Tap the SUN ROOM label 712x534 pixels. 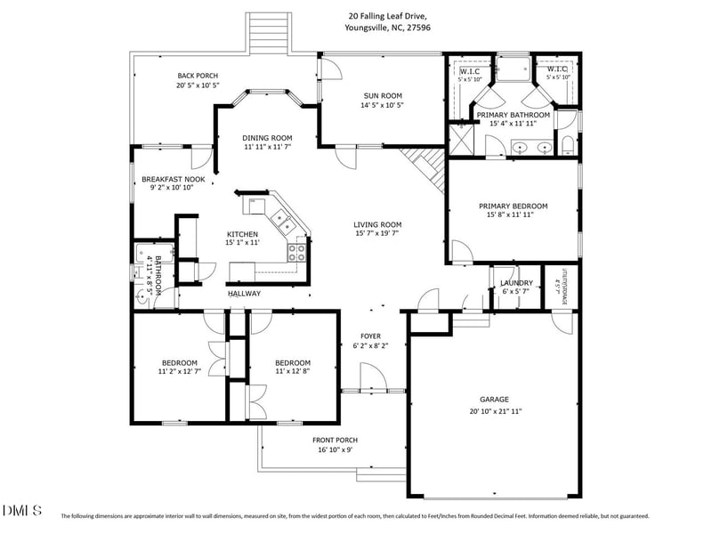[383, 95]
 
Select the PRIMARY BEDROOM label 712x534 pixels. [513, 206]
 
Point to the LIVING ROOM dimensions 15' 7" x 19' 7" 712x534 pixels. [378, 235]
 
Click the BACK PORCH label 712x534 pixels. [198, 76]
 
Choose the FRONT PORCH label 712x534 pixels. [335, 440]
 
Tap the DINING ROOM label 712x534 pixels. [268, 138]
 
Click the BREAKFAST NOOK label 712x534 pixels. [174, 179]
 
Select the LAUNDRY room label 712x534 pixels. [516, 282]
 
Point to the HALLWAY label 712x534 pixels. [244, 293]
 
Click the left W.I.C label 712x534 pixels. [469, 69]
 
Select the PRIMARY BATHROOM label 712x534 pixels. [513, 115]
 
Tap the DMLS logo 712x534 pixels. [22, 511]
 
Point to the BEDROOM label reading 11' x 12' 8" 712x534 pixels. [293, 362]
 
